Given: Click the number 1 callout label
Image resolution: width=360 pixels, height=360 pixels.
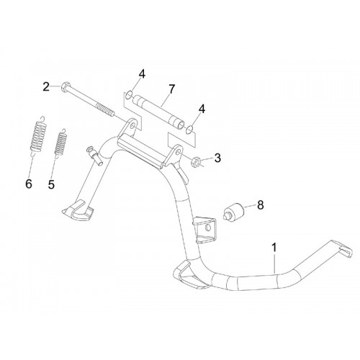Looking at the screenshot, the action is [x=274, y=248].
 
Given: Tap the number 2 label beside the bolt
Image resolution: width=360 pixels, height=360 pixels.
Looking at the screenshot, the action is [x=46, y=86].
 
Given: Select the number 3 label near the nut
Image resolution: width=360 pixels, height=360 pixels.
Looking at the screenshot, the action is [x=217, y=158].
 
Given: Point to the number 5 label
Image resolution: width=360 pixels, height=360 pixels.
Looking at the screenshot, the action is [x=51, y=184].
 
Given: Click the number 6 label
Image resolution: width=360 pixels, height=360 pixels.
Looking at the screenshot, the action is [x=29, y=184].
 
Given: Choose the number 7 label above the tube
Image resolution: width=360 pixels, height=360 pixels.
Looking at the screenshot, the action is [x=171, y=89].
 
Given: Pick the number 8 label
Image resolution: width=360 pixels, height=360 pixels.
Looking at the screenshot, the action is [x=260, y=205].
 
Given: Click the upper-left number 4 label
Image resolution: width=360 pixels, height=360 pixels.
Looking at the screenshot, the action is [x=142, y=74].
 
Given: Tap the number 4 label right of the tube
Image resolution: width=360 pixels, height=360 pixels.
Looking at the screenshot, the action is [x=202, y=109].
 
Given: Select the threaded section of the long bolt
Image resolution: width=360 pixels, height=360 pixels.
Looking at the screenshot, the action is [x=105, y=109].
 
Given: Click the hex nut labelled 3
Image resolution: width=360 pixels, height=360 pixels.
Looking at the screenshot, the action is [x=195, y=161].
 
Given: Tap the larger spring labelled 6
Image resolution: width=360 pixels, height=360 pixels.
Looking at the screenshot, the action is [x=38, y=136].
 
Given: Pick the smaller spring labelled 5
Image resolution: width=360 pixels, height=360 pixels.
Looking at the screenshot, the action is [x=61, y=143].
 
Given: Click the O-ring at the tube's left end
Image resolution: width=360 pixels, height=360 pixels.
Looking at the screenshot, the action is [x=128, y=95].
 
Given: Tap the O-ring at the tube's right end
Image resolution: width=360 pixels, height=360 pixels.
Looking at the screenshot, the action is [x=189, y=130].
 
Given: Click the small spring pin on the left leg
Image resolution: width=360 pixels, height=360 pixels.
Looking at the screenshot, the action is [x=94, y=156].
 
